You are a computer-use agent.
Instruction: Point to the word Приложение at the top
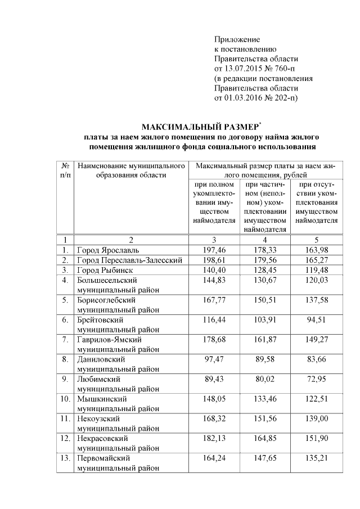point(237,39)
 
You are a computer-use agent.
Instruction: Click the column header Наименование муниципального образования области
point(132,171)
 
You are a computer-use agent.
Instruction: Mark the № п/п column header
point(65,171)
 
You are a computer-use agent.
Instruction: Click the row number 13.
point(65,458)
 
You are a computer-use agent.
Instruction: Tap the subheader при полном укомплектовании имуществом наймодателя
point(214,202)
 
